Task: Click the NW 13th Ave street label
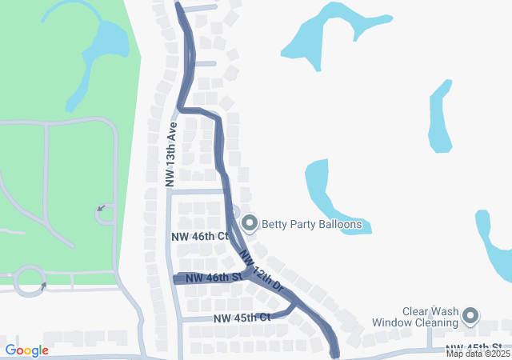(x=170, y=155)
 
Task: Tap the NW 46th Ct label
(x=200, y=237)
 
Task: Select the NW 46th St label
(x=214, y=278)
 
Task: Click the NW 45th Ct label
(x=242, y=318)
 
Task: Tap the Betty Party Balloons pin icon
(x=249, y=224)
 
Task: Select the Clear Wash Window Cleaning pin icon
(x=470, y=317)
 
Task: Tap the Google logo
(x=26, y=350)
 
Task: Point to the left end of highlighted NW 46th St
(x=176, y=278)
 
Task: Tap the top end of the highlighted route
(x=178, y=6)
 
